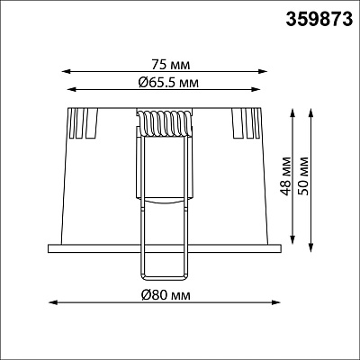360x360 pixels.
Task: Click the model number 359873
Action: (x=319, y=20)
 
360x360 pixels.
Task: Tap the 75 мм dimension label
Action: (x=171, y=65)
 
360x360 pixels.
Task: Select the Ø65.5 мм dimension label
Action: (x=168, y=82)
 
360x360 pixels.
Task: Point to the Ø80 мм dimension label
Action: (x=166, y=295)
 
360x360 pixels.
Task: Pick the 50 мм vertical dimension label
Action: (x=303, y=175)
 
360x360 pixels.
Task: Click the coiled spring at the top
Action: (x=164, y=124)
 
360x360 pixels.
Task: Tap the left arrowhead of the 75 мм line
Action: (x=66, y=71)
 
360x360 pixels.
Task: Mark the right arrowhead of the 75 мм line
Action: (x=263, y=71)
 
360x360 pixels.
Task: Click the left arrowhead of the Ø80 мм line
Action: (x=53, y=302)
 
